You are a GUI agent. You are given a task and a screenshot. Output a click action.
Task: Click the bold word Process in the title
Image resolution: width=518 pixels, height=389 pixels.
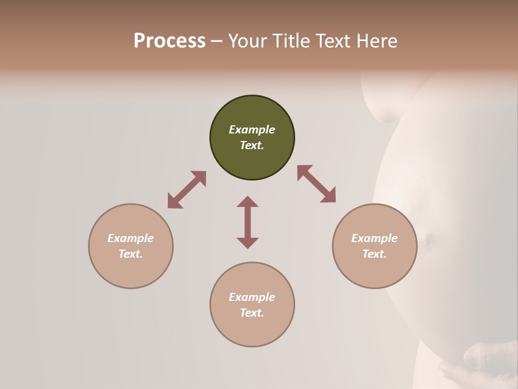pyautogui.click(x=169, y=41)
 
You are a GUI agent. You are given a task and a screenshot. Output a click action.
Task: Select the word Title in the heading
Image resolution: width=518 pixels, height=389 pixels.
pyautogui.click(x=290, y=41)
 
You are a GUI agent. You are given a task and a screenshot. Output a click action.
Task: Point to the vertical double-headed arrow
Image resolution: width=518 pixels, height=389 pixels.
pyautogui.click(x=248, y=222)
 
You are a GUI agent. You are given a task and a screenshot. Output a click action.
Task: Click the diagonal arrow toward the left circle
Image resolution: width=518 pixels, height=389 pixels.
pyautogui.click(x=187, y=190)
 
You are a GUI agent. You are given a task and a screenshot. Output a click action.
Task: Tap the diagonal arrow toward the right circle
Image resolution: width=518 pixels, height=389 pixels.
pyautogui.click(x=317, y=184)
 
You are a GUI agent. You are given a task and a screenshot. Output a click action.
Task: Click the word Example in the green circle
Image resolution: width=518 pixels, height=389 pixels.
pyautogui.click(x=252, y=130)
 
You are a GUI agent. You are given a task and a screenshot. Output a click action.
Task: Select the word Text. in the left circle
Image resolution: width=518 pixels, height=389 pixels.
pyautogui.click(x=131, y=254)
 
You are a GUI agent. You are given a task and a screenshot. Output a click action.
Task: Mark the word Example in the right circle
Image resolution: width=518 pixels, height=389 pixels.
pyautogui.click(x=374, y=238)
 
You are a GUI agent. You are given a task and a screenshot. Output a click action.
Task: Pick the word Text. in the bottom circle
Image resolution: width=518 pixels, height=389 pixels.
pyautogui.click(x=252, y=313)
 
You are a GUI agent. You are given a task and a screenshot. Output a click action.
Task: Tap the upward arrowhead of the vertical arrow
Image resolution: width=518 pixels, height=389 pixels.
pyautogui.click(x=248, y=202)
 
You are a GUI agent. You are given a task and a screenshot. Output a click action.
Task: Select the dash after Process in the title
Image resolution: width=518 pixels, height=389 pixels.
pyautogui.click(x=217, y=41)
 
